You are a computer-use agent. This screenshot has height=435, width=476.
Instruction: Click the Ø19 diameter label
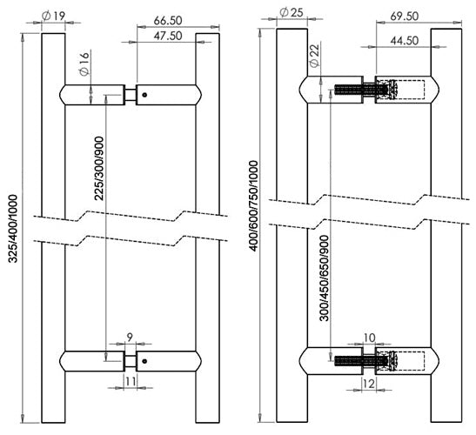tap(52, 17)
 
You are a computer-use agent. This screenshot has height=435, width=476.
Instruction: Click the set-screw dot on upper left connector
tap(144, 94)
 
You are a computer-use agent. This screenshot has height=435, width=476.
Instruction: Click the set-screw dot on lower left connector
tap(144, 360)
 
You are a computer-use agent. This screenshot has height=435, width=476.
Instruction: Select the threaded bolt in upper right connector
tap(353, 88)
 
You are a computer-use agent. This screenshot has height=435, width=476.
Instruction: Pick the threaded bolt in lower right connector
tap(353, 358)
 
